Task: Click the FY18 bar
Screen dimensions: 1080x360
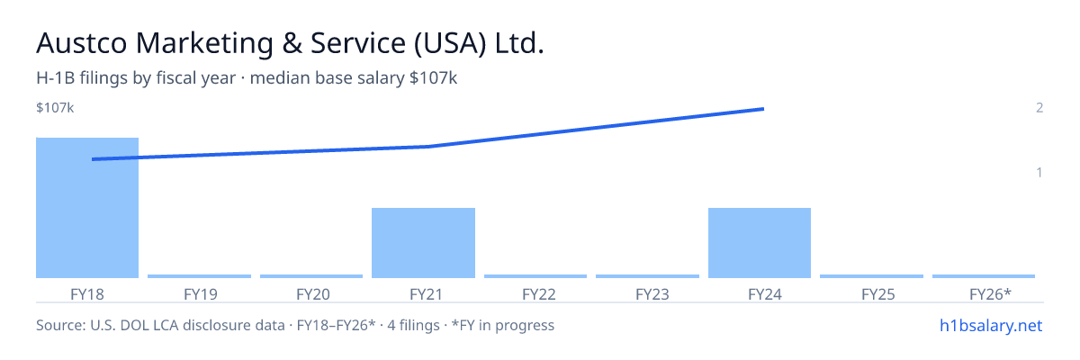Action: point(87,208)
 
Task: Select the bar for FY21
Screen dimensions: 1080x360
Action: point(423,243)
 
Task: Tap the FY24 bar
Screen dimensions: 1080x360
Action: point(760,243)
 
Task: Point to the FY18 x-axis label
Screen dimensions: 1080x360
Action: point(87,294)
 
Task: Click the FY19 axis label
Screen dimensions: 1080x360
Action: point(201,294)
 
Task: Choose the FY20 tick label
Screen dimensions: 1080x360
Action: point(313,294)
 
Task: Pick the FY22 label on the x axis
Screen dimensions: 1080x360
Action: point(539,294)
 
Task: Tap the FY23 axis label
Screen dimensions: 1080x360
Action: point(652,294)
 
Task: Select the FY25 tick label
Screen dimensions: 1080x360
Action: point(878,294)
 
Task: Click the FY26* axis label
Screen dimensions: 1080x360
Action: point(990,294)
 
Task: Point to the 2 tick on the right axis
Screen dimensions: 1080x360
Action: point(1039,107)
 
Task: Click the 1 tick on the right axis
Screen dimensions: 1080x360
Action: point(1039,172)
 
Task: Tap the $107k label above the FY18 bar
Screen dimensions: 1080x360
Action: point(55,107)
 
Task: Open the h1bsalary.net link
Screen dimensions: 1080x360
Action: point(991,325)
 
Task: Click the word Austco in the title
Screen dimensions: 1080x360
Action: point(82,43)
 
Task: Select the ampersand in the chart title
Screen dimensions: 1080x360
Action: point(292,43)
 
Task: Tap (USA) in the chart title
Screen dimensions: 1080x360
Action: point(450,43)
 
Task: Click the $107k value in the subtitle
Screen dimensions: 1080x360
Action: point(433,77)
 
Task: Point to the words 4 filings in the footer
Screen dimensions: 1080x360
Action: point(413,325)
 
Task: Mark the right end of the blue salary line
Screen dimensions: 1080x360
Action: point(764,109)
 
